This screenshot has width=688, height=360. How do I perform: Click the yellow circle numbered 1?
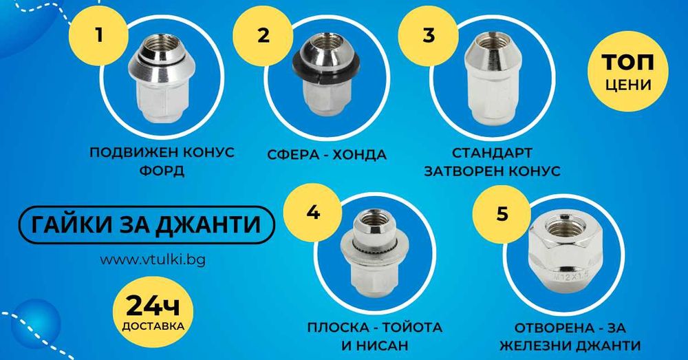pyautogui.click(x=99, y=34)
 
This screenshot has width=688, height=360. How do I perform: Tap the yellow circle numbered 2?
pyautogui.click(x=263, y=36)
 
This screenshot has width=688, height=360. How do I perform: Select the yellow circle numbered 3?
pyautogui.click(x=429, y=35)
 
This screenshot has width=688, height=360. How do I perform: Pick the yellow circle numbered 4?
pyautogui.click(x=313, y=213)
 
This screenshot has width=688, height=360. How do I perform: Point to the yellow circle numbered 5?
pyautogui.click(x=502, y=214)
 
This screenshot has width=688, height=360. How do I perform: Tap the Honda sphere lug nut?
pyautogui.click(x=326, y=74)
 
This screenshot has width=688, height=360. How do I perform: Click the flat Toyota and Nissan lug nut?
pyautogui.click(x=375, y=253)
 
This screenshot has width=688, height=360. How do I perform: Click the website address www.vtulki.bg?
pyautogui.click(x=153, y=260)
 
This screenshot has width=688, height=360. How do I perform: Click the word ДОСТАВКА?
pyautogui.click(x=153, y=326)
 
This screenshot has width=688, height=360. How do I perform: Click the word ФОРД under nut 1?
pyautogui.click(x=162, y=170)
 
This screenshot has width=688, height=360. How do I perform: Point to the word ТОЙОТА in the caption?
pyautogui.click(x=412, y=328)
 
